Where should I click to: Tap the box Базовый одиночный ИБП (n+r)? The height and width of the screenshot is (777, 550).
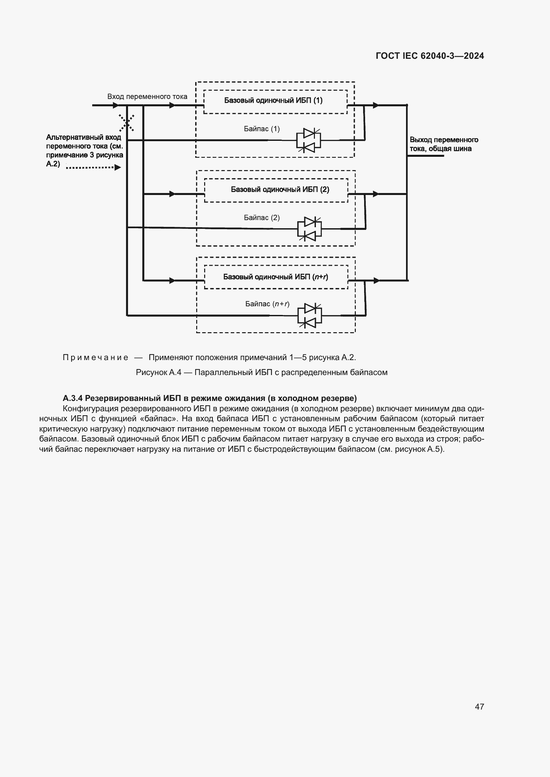tap(276, 277)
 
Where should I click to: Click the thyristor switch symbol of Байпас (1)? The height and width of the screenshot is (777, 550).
tap(309, 140)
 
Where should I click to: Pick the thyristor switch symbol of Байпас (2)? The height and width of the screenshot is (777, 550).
tap(309, 229)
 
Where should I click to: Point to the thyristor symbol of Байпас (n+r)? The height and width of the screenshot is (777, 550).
tap(310, 315)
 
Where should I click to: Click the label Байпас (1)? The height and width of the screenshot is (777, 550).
tap(261, 129)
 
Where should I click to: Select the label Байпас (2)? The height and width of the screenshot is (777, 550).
tap(261, 218)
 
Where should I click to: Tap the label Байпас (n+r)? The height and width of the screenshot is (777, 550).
tap(267, 304)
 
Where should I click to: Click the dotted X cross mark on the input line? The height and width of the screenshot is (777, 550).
tap(127, 123)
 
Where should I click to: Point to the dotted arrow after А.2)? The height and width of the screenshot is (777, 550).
tap(93, 167)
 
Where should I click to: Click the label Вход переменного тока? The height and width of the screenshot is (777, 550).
tap(147, 96)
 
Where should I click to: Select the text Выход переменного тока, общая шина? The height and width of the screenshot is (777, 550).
tap(443, 144)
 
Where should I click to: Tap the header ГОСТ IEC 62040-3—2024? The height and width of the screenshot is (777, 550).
tap(429, 56)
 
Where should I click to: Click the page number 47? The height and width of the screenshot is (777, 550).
tap(479, 706)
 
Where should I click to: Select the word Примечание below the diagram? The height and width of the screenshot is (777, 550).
tap(95, 357)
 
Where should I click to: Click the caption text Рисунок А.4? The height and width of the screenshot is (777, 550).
tap(159, 372)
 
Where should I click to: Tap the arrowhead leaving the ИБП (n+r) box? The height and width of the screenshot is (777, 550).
tap(376, 281)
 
